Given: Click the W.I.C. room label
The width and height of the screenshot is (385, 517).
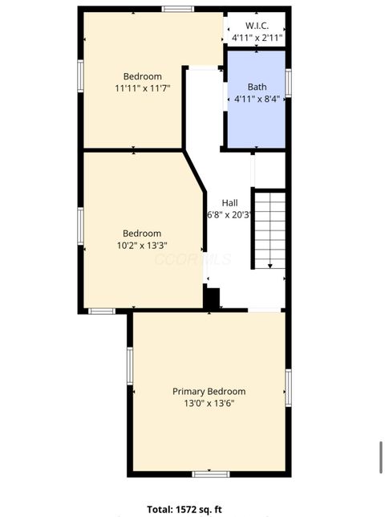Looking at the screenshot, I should (257, 26).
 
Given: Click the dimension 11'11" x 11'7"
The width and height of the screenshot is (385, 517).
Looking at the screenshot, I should (142, 89).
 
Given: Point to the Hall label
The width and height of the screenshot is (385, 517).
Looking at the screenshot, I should (229, 203).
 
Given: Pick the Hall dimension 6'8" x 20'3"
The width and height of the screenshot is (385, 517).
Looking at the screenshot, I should (230, 214).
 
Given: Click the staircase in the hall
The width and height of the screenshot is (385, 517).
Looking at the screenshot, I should (269, 229).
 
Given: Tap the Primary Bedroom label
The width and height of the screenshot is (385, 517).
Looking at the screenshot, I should (209, 391).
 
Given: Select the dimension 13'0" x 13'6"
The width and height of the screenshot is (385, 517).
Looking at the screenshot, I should (209, 403).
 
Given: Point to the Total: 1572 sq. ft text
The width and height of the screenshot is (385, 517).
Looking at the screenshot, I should (184, 509).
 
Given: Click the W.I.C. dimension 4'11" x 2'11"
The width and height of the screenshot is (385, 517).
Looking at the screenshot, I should (257, 38).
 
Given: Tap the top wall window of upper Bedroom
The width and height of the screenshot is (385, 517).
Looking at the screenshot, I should (177, 9).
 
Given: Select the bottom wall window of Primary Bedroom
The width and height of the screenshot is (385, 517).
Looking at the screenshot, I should (210, 474).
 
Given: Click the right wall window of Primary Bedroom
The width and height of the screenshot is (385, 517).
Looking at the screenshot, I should (288, 388).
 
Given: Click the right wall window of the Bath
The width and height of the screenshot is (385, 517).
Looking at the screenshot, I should (288, 83).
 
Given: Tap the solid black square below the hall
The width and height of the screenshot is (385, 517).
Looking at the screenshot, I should (212, 298).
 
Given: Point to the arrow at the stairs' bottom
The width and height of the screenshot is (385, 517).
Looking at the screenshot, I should (270, 266).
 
